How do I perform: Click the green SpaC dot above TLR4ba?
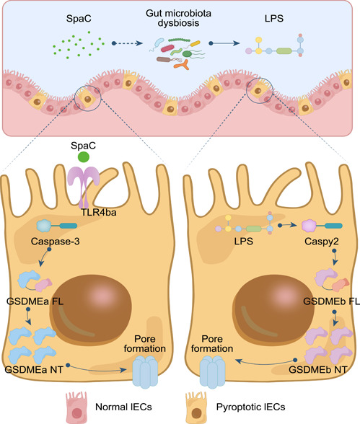(83, 157)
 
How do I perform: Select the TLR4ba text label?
(99, 213)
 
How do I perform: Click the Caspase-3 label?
(55, 241)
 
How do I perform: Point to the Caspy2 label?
(322, 241)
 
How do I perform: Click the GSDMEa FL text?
(35, 301)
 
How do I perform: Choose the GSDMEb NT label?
(318, 369)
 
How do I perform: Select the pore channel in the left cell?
(145, 372)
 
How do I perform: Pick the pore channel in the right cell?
(212, 371)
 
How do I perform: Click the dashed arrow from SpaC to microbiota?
(127, 43)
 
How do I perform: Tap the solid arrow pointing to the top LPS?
(224, 43)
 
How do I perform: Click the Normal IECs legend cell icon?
(77, 407)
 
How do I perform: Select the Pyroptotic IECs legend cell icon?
(197, 407)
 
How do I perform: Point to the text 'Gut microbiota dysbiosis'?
(178, 18)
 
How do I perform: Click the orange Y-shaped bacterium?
(182, 64)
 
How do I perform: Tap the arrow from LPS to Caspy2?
(288, 225)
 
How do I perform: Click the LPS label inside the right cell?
(244, 241)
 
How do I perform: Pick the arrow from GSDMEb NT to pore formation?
(266, 363)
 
